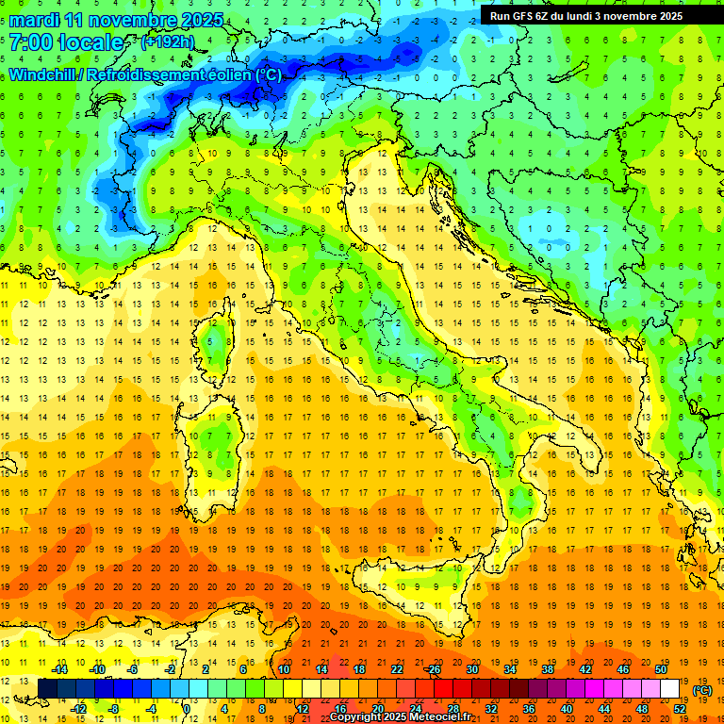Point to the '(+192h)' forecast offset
point(168,42)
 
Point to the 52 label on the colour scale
point(680,708)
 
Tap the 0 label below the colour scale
point(187,708)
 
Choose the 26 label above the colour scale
point(433,669)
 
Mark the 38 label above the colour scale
point(547,669)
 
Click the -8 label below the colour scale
point(113,708)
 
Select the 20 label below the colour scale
point(377,708)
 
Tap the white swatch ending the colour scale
point(669,688)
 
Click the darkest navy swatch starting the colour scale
point(47,688)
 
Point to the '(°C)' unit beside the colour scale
point(702,689)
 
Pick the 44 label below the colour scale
point(603,708)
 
